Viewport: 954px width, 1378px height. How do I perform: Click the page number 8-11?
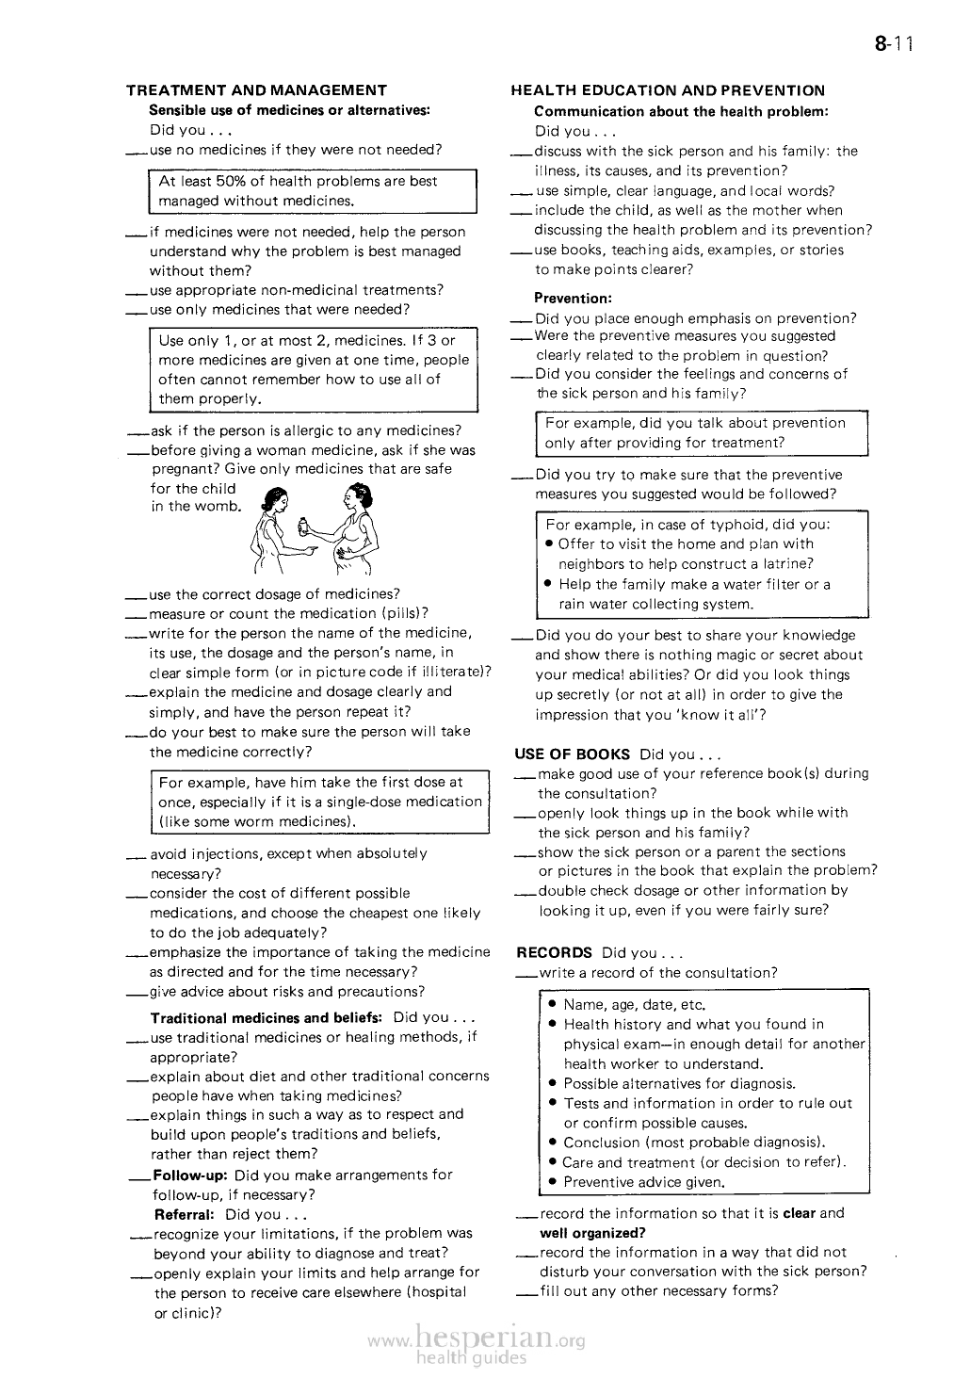(x=894, y=43)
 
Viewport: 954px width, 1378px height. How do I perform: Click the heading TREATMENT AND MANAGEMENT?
(x=256, y=90)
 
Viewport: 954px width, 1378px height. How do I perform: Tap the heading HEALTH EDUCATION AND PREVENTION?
(x=668, y=90)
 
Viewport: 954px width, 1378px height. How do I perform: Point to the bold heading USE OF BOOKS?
(x=573, y=754)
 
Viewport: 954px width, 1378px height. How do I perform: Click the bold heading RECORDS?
(x=555, y=952)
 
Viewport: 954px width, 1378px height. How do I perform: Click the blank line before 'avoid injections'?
(x=136, y=856)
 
